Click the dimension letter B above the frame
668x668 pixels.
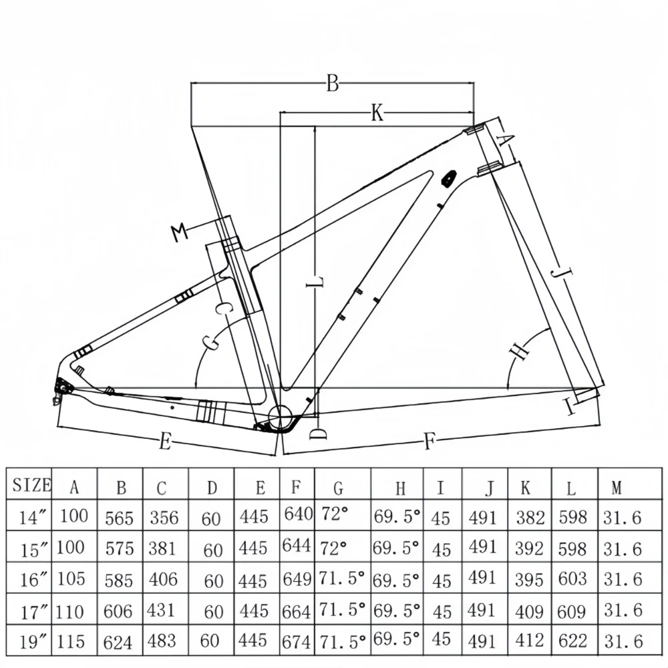(x=333, y=84)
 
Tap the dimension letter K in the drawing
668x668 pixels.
(x=377, y=114)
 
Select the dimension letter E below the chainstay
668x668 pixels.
(x=165, y=442)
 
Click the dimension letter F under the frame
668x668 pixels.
(x=430, y=442)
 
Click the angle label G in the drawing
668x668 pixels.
(x=211, y=341)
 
